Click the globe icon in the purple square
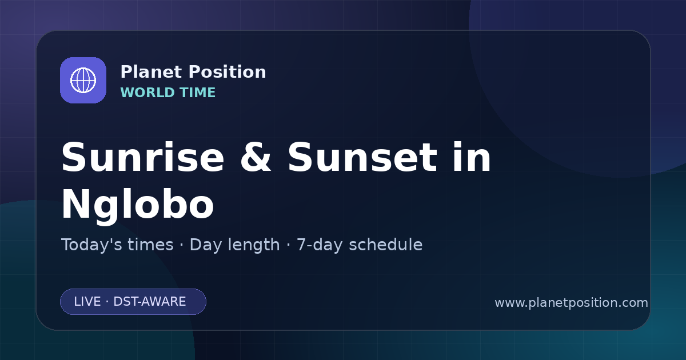point(83,80)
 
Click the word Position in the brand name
point(228,72)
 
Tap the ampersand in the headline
point(256,157)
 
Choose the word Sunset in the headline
point(362,157)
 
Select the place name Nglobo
point(138,205)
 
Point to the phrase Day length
point(234,245)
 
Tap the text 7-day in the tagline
point(319,245)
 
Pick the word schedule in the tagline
point(386,245)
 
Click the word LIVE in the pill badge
point(87,302)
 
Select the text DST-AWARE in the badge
point(149,302)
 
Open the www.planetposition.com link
point(571,303)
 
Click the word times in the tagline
point(150,245)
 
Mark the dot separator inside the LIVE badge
point(107,302)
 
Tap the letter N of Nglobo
point(74,203)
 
